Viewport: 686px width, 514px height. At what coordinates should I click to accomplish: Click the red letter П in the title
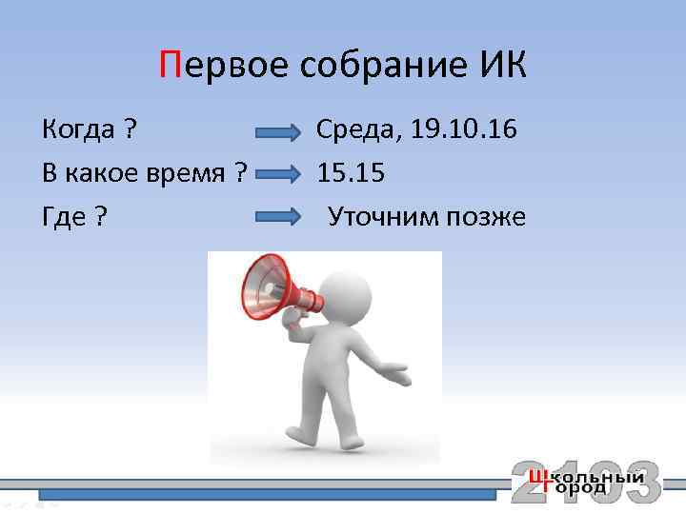170,67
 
